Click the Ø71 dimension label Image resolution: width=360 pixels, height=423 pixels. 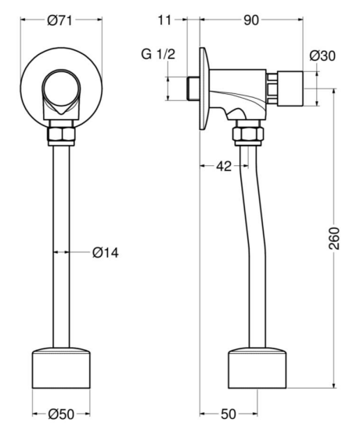[59, 20]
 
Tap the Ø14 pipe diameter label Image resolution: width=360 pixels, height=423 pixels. [106, 253]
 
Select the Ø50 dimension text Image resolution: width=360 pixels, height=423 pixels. [61, 414]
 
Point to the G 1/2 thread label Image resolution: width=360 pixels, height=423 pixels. [158, 54]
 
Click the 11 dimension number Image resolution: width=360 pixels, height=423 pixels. [164, 20]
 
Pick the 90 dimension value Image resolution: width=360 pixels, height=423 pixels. [251, 20]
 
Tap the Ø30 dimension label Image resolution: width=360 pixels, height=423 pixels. [322, 56]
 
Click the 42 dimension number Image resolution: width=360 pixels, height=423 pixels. [224, 166]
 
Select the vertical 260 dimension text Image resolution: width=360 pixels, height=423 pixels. [335, 238]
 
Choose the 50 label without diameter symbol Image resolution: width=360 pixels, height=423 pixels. [229, 414]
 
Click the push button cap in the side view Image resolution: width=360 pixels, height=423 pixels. [290, 89]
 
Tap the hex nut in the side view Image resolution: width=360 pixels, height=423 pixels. [248, 134]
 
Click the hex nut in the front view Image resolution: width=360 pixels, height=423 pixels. [61, 134]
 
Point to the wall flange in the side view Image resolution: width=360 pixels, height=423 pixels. [204, 89]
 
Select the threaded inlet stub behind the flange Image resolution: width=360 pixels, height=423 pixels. [193, 89]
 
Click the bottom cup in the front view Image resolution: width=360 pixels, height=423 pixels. [61, 368]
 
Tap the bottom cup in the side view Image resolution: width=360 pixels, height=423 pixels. [257, 368]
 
